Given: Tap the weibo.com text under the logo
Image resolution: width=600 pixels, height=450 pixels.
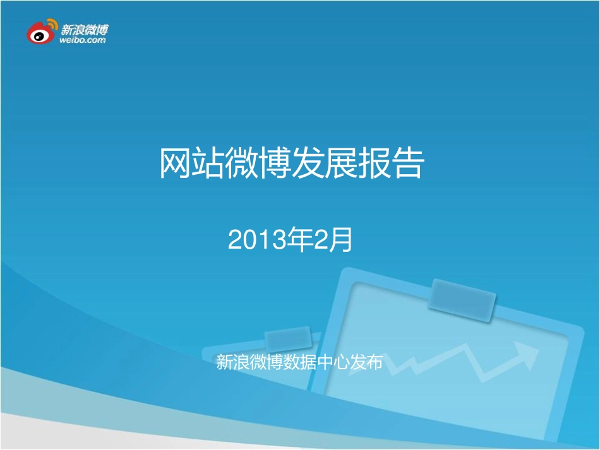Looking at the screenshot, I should (83, 40).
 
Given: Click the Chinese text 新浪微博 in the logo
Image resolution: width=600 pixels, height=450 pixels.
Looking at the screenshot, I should (85, 28).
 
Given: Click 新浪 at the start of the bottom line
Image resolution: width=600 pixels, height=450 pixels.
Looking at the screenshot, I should (231, 362).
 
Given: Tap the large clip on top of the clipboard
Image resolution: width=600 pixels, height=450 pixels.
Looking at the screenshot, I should (462, 300).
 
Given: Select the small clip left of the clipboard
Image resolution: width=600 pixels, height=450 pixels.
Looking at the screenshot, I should (287, 339).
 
